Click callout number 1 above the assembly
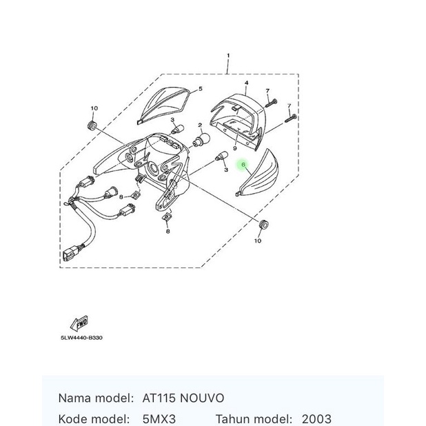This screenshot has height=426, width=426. click(x=227, y=54)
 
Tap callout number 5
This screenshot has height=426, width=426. click(x=200, y=89)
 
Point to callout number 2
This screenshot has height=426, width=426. click(x=200, y=126)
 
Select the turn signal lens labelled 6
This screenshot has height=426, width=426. click(x=261, y=175)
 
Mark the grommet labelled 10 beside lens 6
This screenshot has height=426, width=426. click(x=263, y=225)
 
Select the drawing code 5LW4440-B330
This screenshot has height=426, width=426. click(x=81, y=338)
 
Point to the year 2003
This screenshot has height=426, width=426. click(x=316, y=418)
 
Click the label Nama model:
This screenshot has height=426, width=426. click(x=95, y=398)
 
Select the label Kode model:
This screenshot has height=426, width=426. click(x=94, y=418)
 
